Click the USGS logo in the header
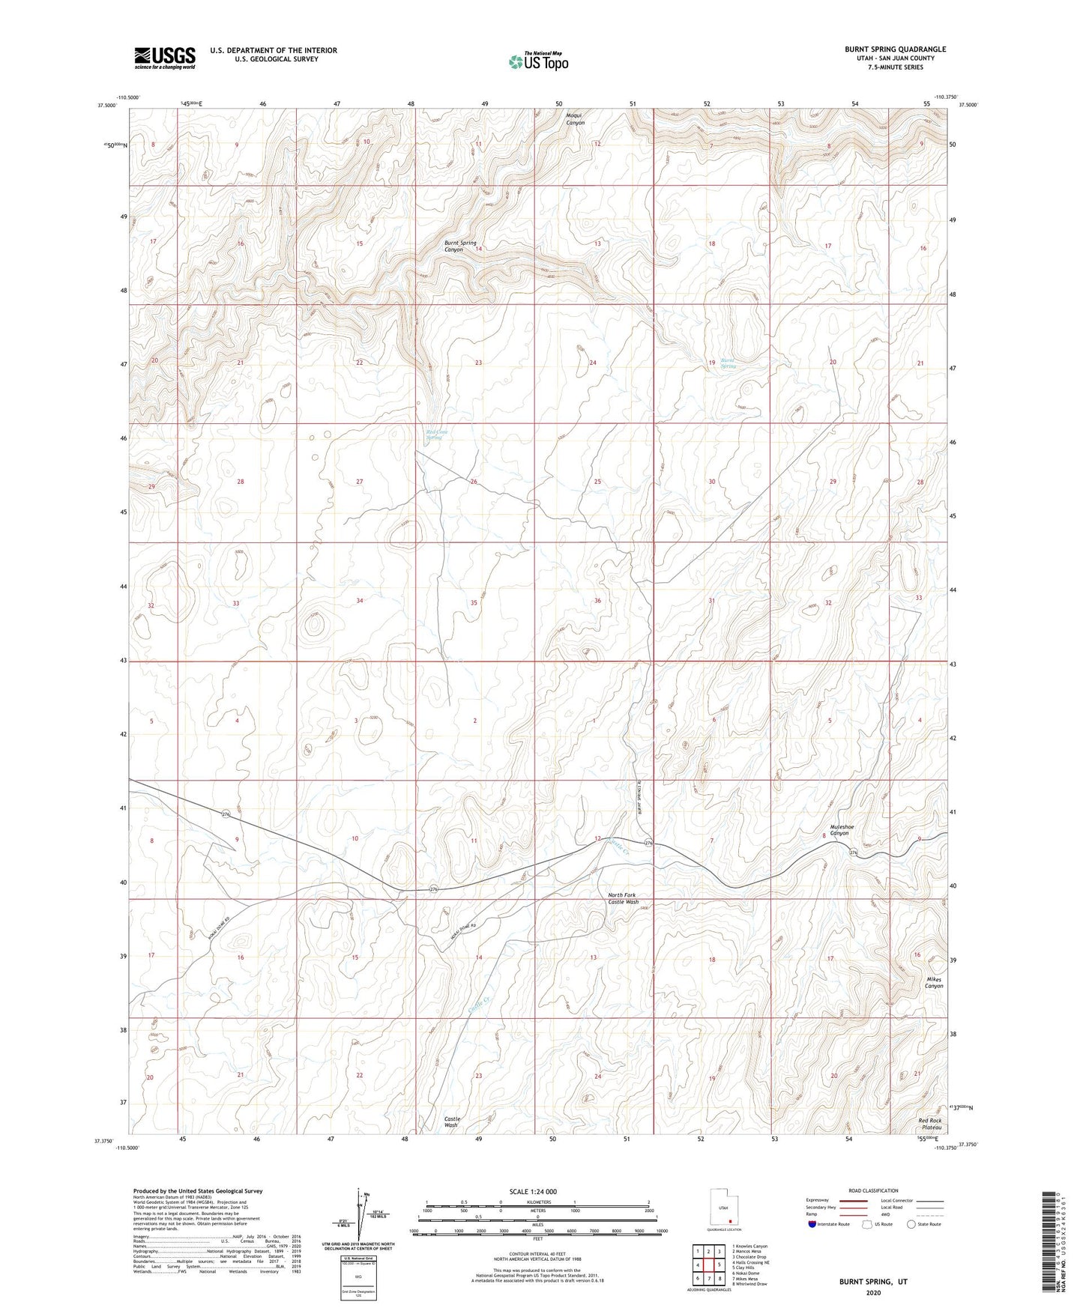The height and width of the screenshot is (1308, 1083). [165, 58]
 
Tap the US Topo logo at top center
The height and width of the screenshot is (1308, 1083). [538, 61]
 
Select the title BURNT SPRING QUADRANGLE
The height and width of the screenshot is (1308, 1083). [895, 49]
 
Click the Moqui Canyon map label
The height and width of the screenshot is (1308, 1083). [575, 118]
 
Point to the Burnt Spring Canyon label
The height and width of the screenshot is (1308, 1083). [460, 246]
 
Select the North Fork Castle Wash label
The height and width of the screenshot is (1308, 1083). [623, 899]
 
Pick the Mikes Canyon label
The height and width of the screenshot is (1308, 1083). [933, 983]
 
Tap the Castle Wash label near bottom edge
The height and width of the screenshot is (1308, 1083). [451, 1122]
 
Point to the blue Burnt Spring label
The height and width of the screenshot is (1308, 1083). [728, 363]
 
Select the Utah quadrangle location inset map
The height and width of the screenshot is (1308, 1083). [723, 1210]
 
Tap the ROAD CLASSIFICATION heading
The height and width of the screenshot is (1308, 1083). [873, 1190]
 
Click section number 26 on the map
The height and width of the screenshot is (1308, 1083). [474, 482]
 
